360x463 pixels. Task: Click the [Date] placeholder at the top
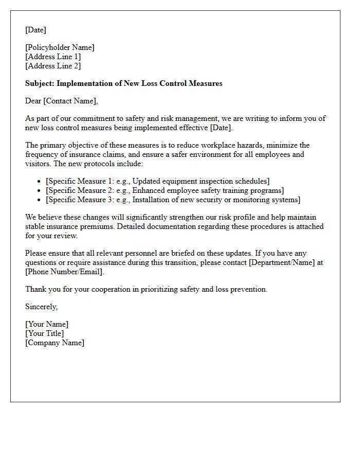(35, 30)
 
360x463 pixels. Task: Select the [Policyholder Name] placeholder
(60, 47)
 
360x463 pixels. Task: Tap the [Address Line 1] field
(53, 57)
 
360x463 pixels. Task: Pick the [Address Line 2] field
(53, 66)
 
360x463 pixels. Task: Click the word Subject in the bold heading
(40, 83)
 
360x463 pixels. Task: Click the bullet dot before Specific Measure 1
(40, 181)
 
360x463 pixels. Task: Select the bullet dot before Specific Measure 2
(40, 190)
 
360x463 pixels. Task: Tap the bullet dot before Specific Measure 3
(40, 200)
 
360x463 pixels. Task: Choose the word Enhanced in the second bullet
(149, 190)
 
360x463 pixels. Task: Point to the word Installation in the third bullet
(153, 200)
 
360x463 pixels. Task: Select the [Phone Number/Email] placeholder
(64, 272)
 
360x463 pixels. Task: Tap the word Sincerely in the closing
(41, 307)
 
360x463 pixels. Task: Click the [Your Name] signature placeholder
(47, 324)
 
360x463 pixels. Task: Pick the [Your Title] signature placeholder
(45, 333)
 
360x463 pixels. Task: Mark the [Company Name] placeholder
(55, 343)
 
